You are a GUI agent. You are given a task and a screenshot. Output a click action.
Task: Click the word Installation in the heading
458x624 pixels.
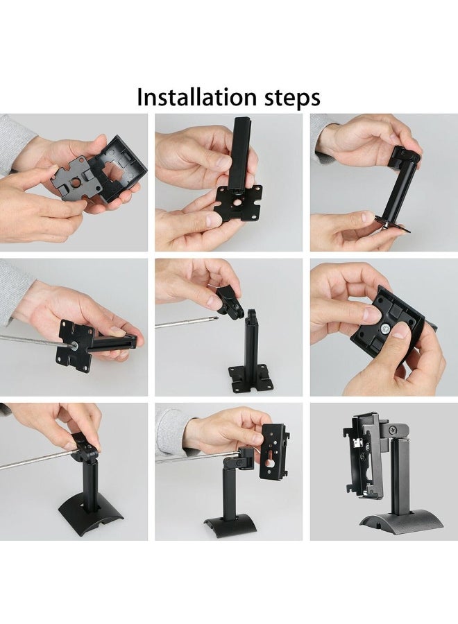click(x=197, y=96)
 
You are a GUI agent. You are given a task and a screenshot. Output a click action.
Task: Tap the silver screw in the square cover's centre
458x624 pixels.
click(x=385, y=329)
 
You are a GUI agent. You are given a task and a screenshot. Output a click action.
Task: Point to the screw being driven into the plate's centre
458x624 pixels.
click(x=74, y=346)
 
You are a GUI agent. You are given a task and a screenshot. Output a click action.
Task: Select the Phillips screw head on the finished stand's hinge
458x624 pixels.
click(x=393, y=430)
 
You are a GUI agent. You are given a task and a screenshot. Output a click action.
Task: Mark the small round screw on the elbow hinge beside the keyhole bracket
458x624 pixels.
click(x=239, y=463)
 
